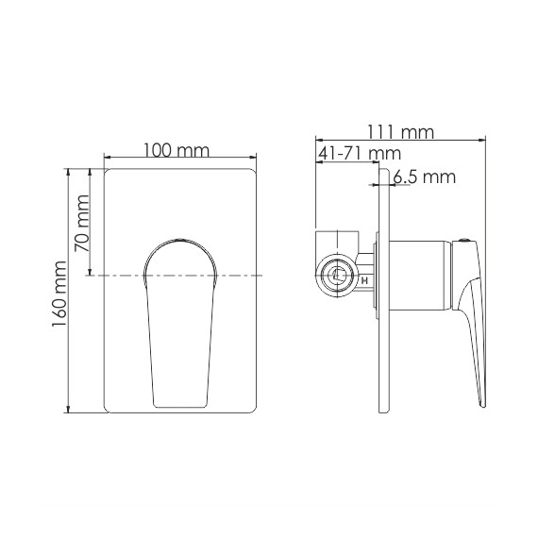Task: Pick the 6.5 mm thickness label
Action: point(424,177)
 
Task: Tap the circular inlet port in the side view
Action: point(335,277)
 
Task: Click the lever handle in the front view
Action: point(179,321)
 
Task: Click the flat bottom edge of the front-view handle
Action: point(180,406)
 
